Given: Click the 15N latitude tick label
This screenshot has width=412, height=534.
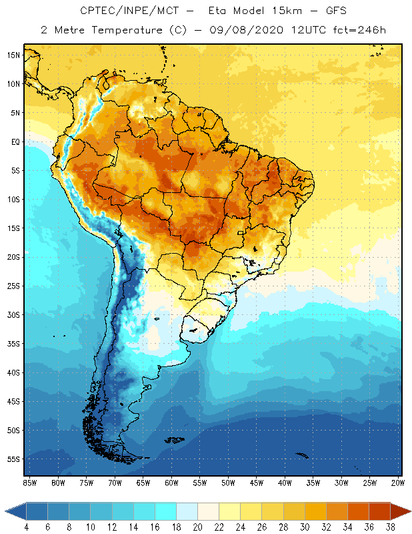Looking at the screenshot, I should pos(13,55).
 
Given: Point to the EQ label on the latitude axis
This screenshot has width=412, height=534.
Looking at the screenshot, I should pos(15,142).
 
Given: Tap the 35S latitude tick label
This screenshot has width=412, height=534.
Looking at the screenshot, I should pos(13,343).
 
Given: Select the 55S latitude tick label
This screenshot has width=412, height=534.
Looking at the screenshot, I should pos(13,459).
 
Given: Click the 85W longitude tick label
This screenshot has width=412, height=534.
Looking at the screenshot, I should pos(30,482).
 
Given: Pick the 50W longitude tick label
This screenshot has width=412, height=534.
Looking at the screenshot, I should pos(229,482).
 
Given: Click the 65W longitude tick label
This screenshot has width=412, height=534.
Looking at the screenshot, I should pos(143,482).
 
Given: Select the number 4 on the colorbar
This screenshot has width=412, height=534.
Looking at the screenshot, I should pos(26,527).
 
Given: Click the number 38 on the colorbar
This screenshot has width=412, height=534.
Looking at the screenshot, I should pos(390,527).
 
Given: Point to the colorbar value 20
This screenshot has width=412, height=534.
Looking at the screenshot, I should pos(197,527).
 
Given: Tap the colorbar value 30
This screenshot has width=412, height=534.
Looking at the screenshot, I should pos(305,527).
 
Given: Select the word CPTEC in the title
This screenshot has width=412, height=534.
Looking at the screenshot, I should pos(98,11).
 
